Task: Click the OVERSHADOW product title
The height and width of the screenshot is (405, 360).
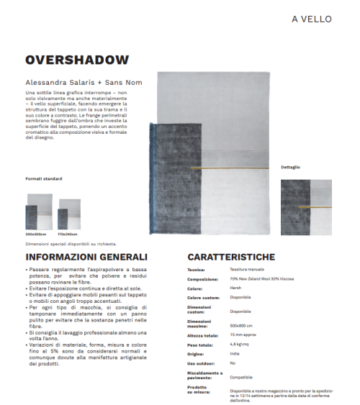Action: point(77,60)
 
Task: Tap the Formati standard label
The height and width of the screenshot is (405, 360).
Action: point(44,178)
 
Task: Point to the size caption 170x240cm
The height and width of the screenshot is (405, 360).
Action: point(68,235)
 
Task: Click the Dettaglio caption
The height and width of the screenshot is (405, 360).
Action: point(290,167)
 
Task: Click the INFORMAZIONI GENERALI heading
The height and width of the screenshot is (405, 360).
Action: point(86,257)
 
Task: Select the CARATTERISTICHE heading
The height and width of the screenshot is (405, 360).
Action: point(230,257)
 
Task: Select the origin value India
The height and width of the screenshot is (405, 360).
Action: point(235,353)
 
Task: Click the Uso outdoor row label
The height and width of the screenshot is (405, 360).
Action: point(201,363)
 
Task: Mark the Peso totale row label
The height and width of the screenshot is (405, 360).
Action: point(201,344)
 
